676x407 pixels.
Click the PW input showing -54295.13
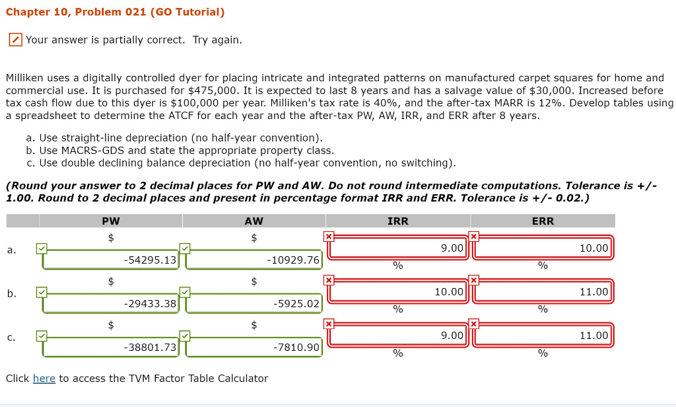(x=110, y=260)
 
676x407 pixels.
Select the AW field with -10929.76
(x=253, y=260)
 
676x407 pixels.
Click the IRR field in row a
(x=398, y=248)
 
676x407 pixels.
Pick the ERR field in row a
(x=543, y=248)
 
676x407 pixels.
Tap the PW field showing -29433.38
(x=110, y=303)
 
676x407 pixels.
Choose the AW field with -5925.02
(x=253, y=303)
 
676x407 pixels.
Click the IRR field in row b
(x=398, y=291)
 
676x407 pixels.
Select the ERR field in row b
(x=543, y=291)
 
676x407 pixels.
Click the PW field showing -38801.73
(x=110, y=346)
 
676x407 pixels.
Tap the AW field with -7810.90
(x=253, y=346)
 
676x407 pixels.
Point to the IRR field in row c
(x=398, y=335)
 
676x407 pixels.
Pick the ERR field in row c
(x=543, y=335)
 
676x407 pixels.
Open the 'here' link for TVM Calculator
(x=44, y=379)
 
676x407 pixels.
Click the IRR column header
(x=397, y=221)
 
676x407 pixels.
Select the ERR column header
(x=543, y=221)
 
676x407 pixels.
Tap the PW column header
(x=111, y=221)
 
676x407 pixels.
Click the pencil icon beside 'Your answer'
(x=15, y=40)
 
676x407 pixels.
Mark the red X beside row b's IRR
(x=328, y=280)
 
